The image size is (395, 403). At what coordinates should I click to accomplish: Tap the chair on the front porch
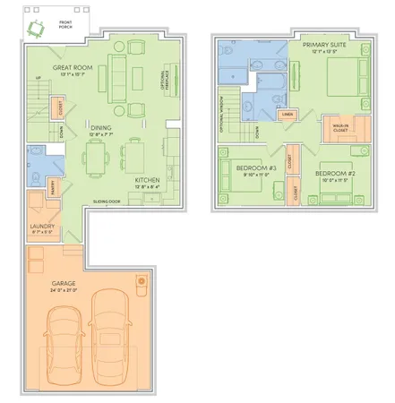(x=35, y=29)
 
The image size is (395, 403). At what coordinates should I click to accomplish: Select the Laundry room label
(x=42, y=226)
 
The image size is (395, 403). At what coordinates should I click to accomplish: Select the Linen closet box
(x=289, y=115)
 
